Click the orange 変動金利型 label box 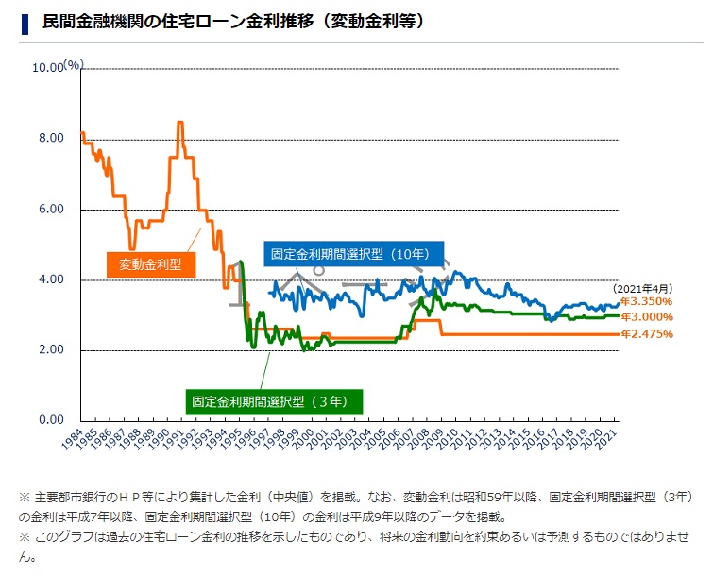coord(150,263)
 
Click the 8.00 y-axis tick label coord(50,139)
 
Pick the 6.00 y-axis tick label coord(50,210)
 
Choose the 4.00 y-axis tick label coord(50,280)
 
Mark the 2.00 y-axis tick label coord(50,350)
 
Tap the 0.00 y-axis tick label coord(50,420)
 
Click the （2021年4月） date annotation coord(642,289)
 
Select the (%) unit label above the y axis coord(74,64)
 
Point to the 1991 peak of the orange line coord(179,123)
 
